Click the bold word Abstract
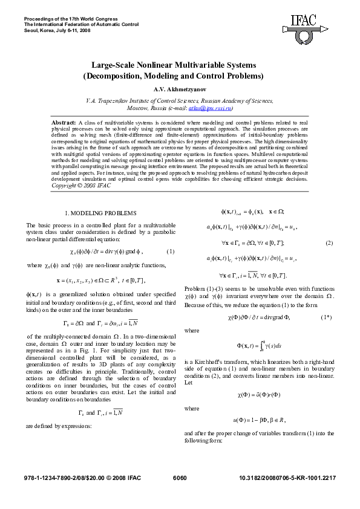(x=64, y=122)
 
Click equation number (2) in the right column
(x=329, y=243)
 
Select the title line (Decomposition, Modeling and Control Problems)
(x=180, y=76)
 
